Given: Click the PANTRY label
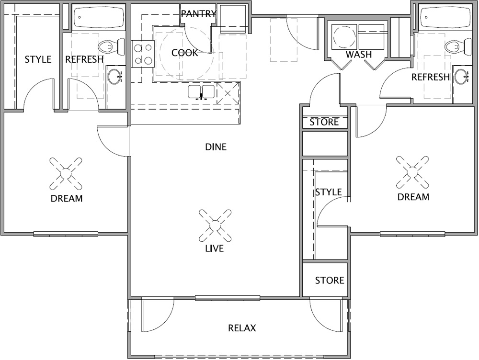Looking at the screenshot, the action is (199, 14).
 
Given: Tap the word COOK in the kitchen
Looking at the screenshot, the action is (185, 53).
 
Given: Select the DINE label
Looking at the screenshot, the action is (216, 147).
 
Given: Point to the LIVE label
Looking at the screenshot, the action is (215, 248).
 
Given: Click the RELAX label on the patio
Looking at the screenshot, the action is (242, 328).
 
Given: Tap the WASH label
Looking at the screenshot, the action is (359, 55).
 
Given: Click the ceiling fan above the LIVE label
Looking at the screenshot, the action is (215, 225).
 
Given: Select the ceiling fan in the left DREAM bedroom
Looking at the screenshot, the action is (66, 174).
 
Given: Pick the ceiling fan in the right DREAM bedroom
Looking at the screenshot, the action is (412, 172).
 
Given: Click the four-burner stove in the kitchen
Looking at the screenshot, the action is (143, 54).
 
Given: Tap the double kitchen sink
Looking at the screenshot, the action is (201, 92).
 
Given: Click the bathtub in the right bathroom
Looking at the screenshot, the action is (445, 18).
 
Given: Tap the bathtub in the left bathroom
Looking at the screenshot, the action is (99, 18).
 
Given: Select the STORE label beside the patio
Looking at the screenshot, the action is (330, 281).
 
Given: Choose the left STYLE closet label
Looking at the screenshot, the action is (38, 59).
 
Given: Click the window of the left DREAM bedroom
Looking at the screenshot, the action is (66, 234).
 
